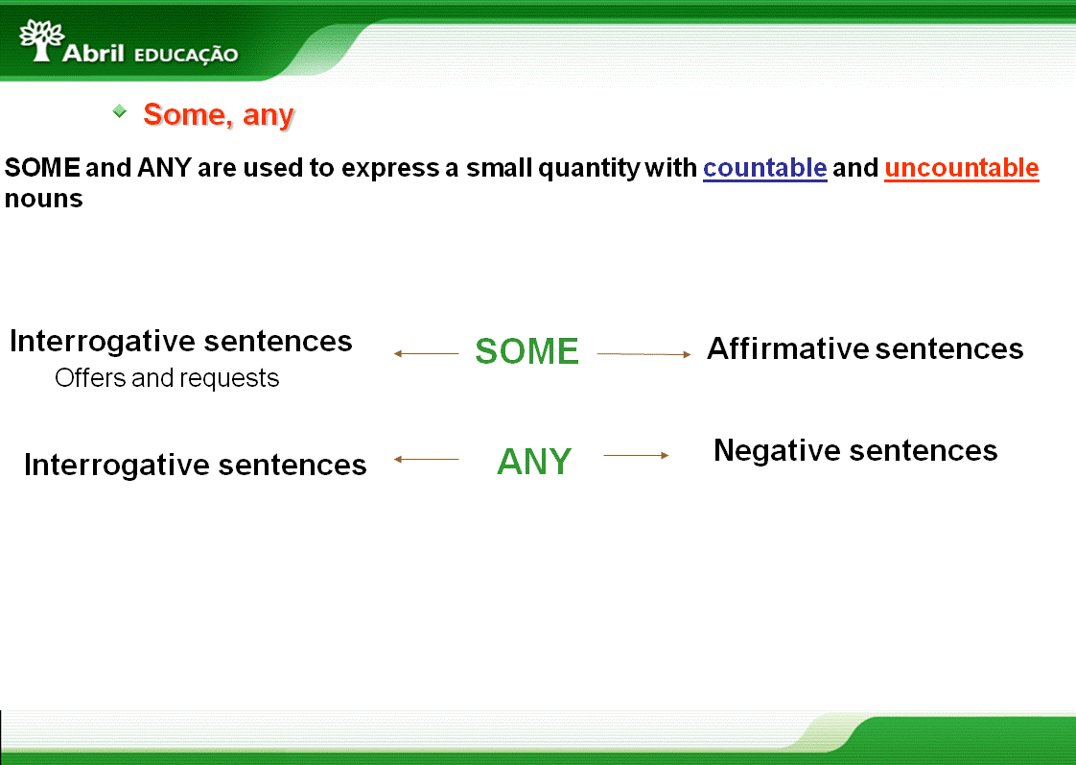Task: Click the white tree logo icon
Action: pos(42,39)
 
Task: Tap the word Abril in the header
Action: pos(93,53)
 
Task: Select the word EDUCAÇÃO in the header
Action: pos(186,55)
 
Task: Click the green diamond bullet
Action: pos(120,110)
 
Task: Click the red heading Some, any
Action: pos(219,114)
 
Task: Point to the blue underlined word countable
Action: pos(765,168)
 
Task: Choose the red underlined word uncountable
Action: pos(962,168)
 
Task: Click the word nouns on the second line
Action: pos(44,199)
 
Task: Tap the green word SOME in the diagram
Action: pos(527,351)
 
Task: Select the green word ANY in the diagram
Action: pos(534,462)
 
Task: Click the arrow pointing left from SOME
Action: pos(426,353)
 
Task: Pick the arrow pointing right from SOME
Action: pos(643,354)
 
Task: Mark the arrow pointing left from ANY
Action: pos(426,459)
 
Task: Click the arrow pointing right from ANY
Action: pos(636,455)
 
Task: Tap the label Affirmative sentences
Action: pos(865,348)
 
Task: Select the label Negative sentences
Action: pos(855,450)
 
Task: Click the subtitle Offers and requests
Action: pos(167,377)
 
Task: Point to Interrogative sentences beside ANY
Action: pos(196,465)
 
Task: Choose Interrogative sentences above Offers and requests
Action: pos(181,341)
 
